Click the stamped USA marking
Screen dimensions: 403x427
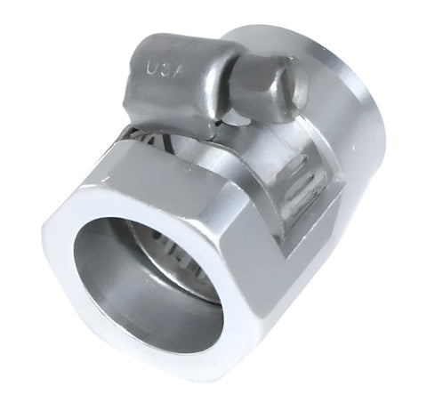[x=162, y=69]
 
